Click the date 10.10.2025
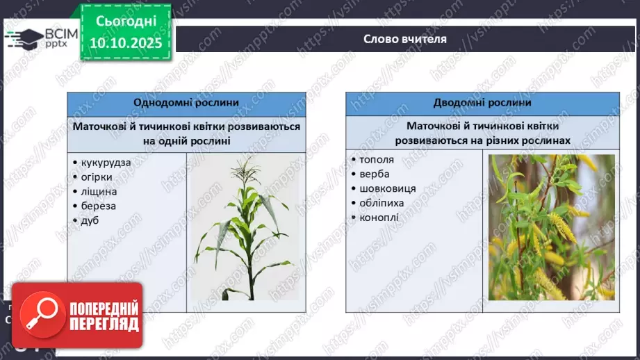[x=126, y=43]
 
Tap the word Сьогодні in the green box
[x=126, y=22]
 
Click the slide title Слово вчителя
[x=405, y=39]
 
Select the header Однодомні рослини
[x=186, y=102]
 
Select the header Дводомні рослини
[x=482, y=102]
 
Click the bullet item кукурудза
[x=106, y=163]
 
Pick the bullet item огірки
[x=97, y=177]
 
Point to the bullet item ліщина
[x=99, y=191]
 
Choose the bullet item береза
[x=99, y=206]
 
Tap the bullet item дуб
[x=90, y=220]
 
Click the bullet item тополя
[x=377, y=160]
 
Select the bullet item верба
[x=375, y=174]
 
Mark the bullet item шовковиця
[x=388, y=188]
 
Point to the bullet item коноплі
[x=379, y=218]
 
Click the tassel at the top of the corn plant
[x=246, y=170]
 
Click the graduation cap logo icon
[x=25, y=39]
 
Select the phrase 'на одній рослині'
[x=186, y=141]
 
